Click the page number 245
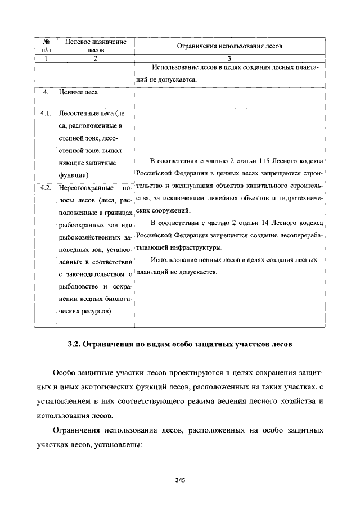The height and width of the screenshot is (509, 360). click(x=180, y=480)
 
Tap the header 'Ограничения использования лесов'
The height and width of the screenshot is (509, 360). click(x=229, y=46)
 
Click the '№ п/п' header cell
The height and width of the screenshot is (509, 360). click(x=47, y=46)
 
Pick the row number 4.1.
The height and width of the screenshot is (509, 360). click(x=47, y=113)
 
